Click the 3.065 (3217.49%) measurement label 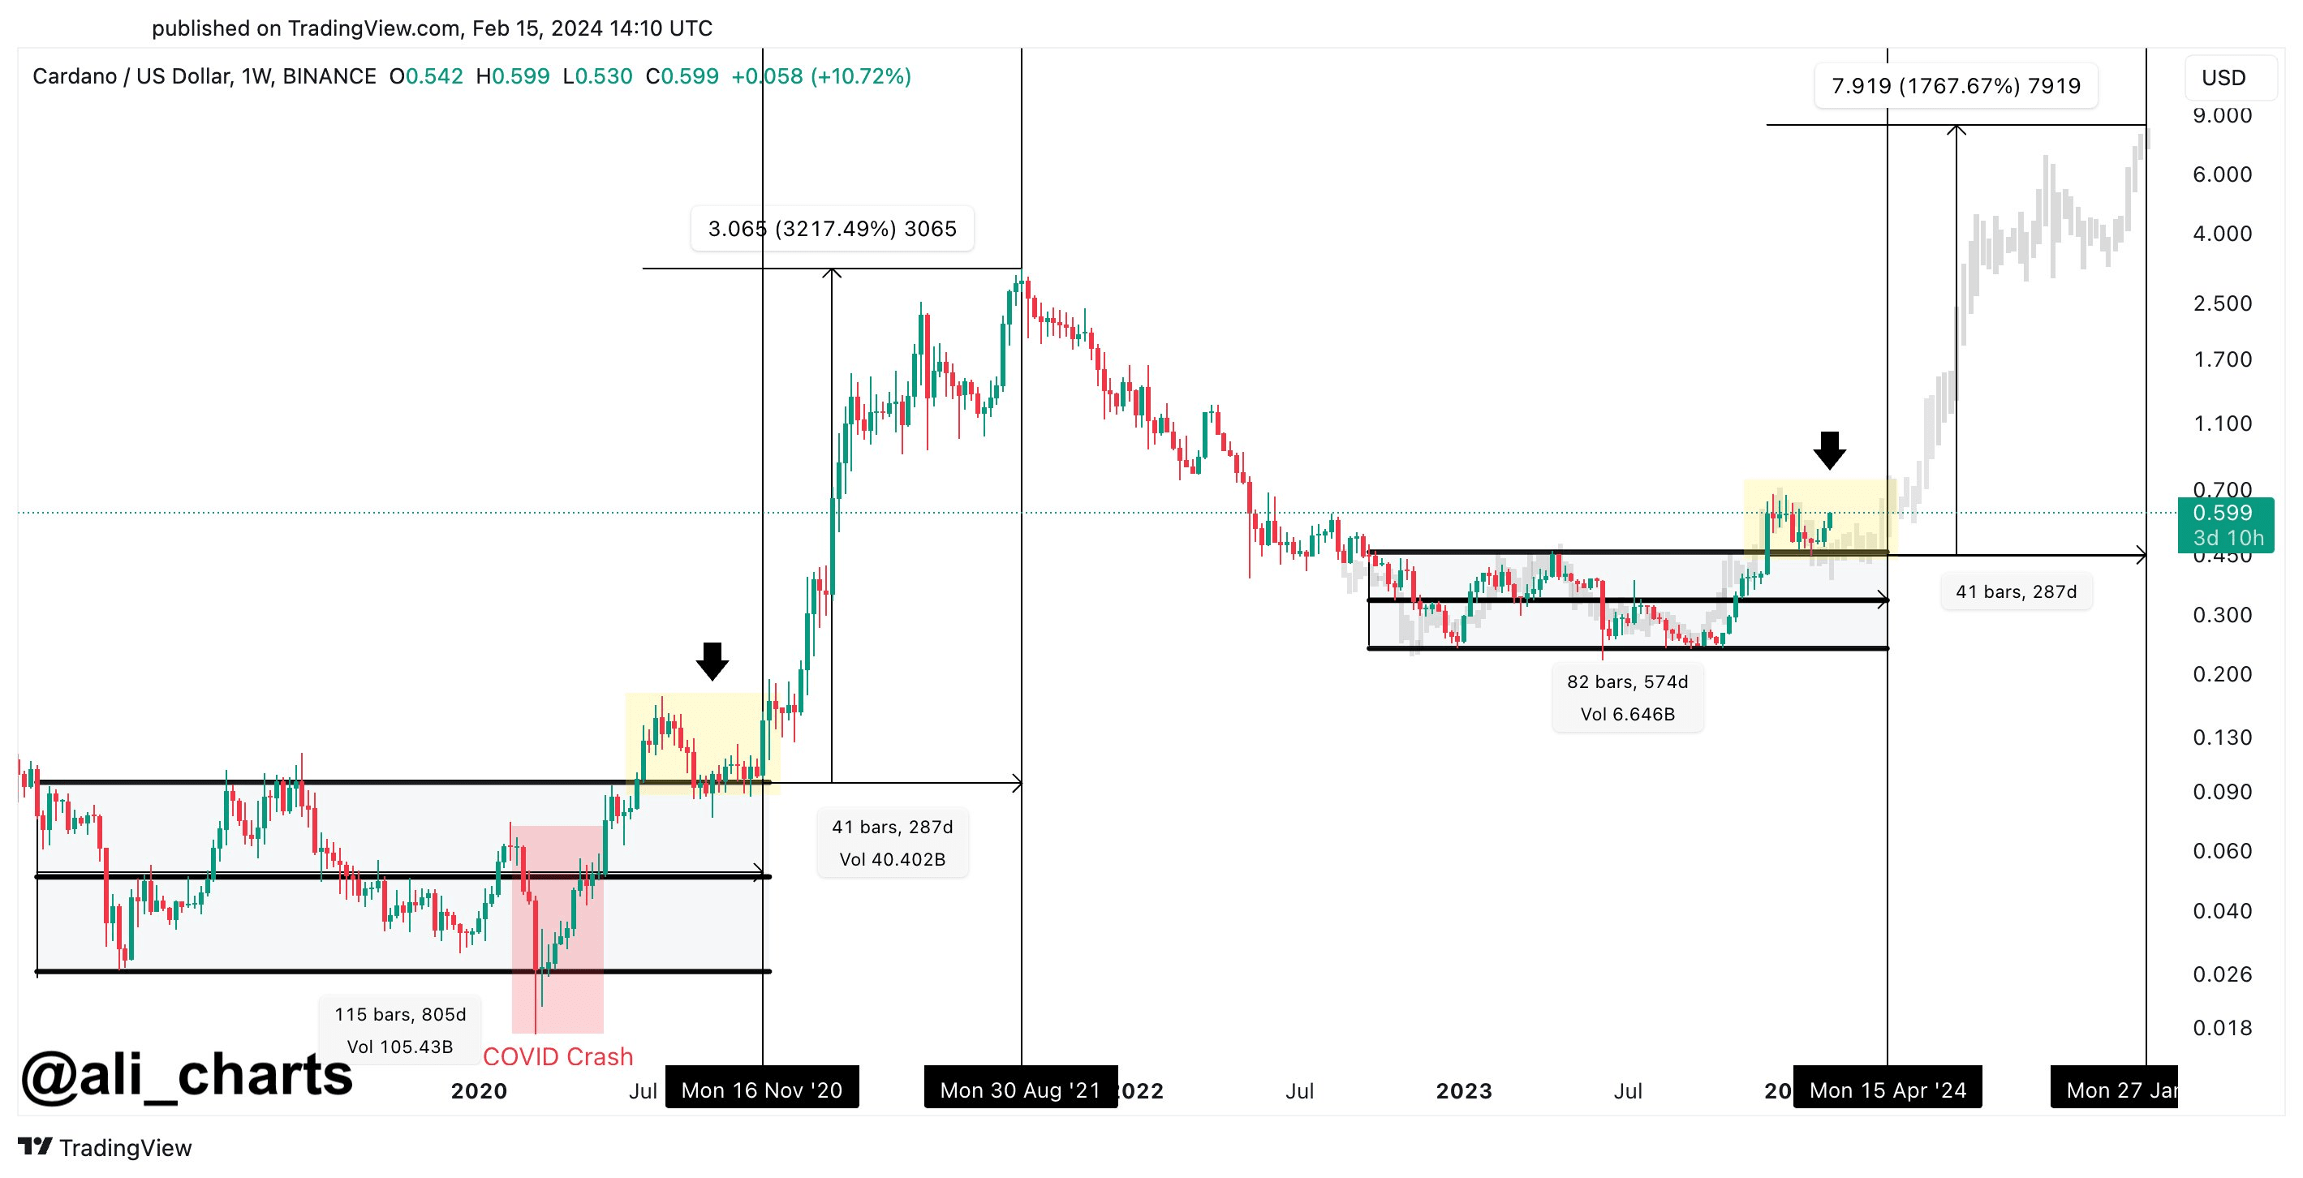click(832, 229)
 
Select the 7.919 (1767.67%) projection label click(1955, 86)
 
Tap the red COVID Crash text click(557, 1056)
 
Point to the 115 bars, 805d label click(399, 1014)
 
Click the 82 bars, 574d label click(1627, 682)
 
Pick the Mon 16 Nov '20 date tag click(762, 1090)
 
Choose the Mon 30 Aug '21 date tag click(1020, 1090)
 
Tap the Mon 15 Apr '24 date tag click(1888, 1090)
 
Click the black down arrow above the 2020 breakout click(712, 660)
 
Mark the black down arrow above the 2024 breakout click(1829, 449)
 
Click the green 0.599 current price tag click(2223, 513)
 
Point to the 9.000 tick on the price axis click(2222, 115)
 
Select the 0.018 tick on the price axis click(2222, 1028)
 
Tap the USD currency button click(2223, 78)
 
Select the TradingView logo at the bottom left click(105, 1148)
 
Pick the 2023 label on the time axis click(1463, 1090)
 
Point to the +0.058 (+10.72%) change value click(820, 76)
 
